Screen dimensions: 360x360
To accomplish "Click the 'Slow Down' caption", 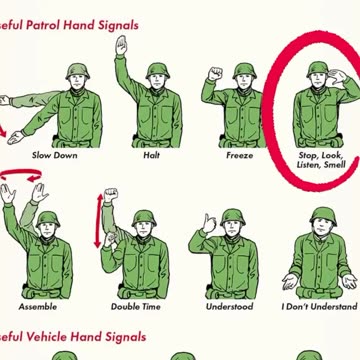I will (54, 156).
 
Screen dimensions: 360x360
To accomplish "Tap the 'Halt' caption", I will (151, 156).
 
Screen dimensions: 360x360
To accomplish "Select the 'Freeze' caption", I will (240, 156).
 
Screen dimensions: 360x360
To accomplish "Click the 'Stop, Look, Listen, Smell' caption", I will (320, 161).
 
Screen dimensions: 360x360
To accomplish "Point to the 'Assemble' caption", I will (38, 306).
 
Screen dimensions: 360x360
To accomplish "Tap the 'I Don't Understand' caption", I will (318, 306).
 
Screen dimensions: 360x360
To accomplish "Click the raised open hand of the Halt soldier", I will (121, 45).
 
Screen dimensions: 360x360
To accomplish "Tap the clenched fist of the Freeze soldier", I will (213, 74).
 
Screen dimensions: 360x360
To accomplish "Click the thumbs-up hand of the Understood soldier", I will (208, 224).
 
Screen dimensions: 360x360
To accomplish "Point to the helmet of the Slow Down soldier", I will (78, 71).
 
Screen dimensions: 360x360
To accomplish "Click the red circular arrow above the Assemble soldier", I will (23, 176).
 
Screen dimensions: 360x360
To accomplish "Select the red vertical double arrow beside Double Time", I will (99, 219).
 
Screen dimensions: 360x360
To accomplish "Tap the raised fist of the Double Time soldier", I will (111, 194).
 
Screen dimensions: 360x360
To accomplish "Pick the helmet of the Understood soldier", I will (233, 216).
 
